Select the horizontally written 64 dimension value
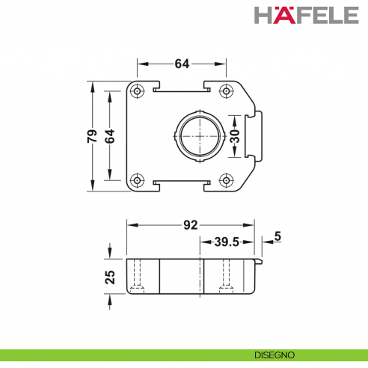point(182,64)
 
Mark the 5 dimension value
point(277,237)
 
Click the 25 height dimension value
point(110,277)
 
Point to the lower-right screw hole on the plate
point(226,180)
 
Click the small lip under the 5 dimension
point(260,261)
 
